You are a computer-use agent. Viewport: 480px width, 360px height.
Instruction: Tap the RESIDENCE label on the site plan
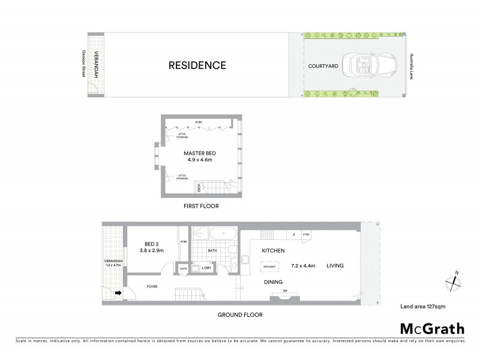pos(197,65)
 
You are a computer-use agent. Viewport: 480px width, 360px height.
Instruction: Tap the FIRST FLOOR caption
pos(201,206)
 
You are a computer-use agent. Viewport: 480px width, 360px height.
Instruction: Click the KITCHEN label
pos(272,250)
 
